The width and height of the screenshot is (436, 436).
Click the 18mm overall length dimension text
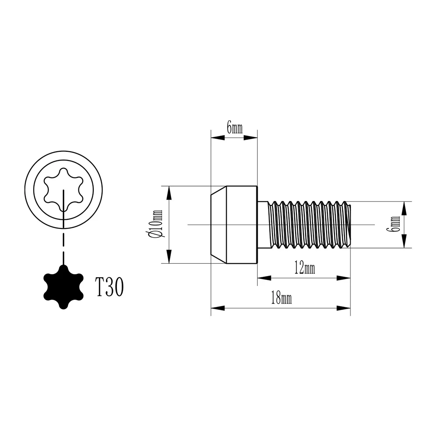tap(281, 299)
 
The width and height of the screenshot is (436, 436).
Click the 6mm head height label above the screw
tap(234, 128)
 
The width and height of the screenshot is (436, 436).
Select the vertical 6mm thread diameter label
tap(395, 224)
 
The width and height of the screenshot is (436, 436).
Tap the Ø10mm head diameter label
tap(156, 224)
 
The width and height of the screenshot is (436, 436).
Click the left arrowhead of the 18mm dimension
tap(217, 308)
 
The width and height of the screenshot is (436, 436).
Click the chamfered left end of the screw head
tap(218, 224)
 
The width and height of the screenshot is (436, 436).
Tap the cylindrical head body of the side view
tap(241, 224)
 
